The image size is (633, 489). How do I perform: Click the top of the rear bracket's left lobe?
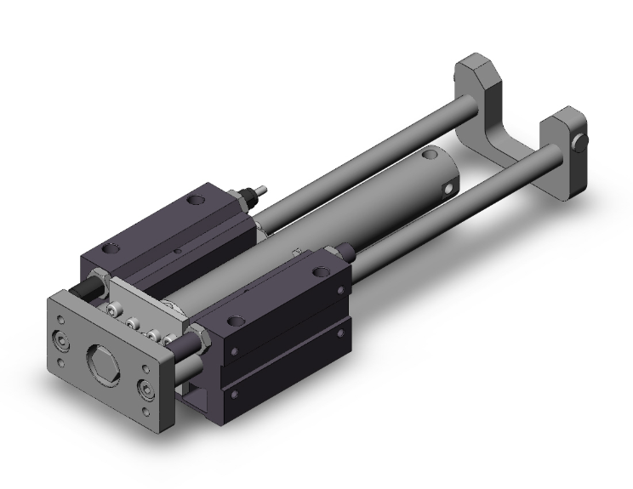[x=475, y=65]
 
